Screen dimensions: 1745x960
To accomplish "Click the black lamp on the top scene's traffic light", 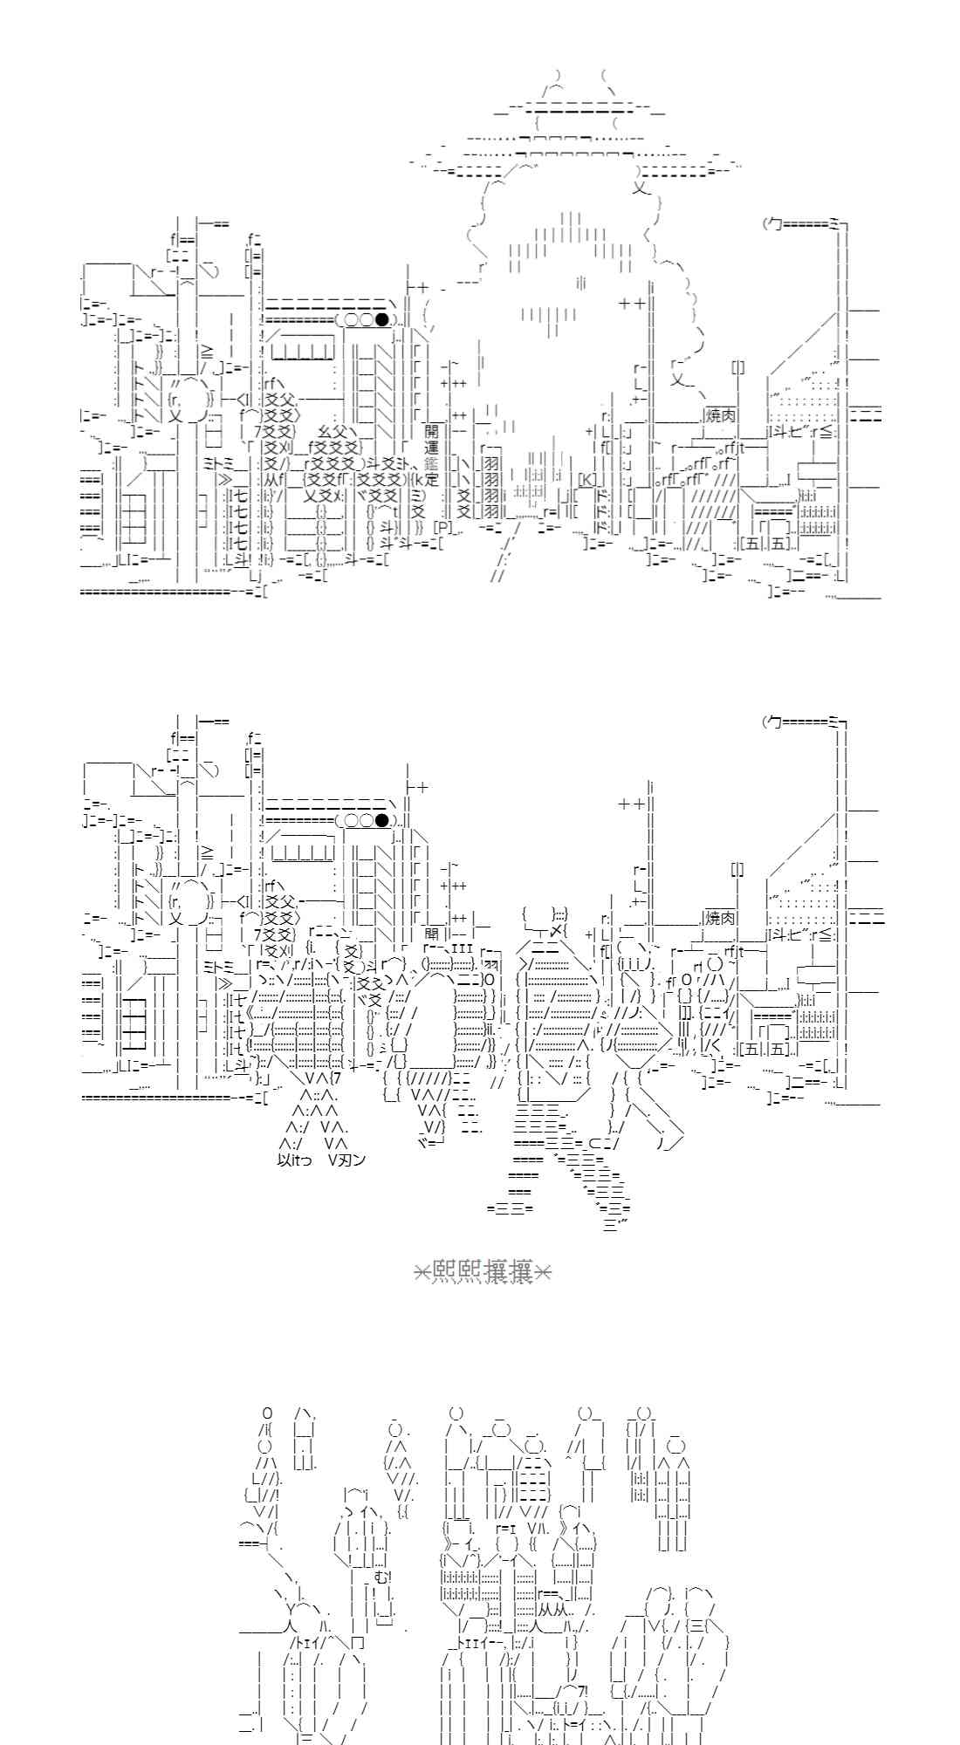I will tap(381, 319).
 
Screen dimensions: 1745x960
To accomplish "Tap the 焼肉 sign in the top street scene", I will tap(720, 412).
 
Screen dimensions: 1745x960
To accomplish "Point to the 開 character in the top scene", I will tap(432, 431).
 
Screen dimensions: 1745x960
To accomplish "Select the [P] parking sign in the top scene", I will tap(443, 527).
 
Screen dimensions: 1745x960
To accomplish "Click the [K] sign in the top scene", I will tap(588, 479).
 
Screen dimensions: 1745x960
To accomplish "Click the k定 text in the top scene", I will tap(425, 479).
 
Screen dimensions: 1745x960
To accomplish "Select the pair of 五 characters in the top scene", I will tap(768, 544).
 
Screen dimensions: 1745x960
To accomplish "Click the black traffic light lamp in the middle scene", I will tap(381, 820).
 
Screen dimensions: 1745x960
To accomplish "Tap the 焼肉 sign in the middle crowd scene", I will tap(720, 918).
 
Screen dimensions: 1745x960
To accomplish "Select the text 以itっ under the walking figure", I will tap(294, 1160).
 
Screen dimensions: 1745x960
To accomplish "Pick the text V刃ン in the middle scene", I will tap(347, 1160).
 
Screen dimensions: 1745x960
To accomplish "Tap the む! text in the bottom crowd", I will tap(381, 1577).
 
